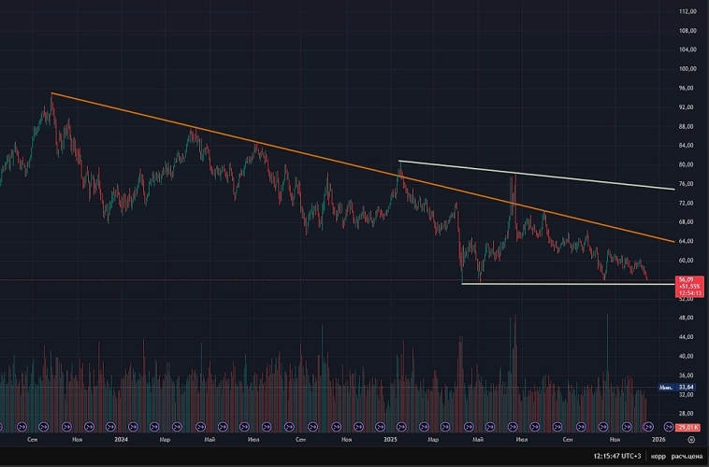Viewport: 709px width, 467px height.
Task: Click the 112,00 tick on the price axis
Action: pos(688,11)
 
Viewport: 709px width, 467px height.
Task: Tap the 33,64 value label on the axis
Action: pos(687,387)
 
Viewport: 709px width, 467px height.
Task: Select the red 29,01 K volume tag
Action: pos(687,427)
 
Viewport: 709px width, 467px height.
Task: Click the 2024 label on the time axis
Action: pos(120,438)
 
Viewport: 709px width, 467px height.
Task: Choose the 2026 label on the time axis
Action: pos(658,438)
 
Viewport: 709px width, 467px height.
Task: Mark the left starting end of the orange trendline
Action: pos(51,92)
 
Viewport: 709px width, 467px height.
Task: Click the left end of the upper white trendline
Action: pos(399,162)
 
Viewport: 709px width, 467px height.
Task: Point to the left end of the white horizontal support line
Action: pos(462,283)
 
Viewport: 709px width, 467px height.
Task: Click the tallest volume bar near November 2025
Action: pos(607,316)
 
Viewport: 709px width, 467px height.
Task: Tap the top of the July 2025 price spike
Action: pos(513,174)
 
